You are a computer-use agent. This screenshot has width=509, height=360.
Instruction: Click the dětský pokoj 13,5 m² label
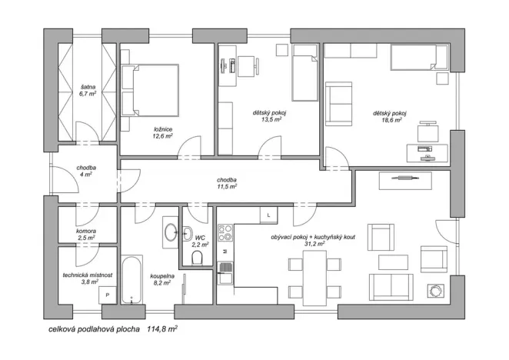pos(268,116)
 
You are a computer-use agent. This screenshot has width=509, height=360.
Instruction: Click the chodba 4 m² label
pos(85,171)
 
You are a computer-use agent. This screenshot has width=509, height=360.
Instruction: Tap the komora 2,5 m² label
pos(86,235)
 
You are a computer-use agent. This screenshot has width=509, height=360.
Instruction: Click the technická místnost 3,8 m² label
pos(88,278)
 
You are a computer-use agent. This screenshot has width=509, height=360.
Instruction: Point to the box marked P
pos(108,295)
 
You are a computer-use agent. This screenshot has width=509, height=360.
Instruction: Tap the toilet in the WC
pos(198,256)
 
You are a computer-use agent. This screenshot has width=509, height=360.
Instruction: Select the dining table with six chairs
pos(314,278)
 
